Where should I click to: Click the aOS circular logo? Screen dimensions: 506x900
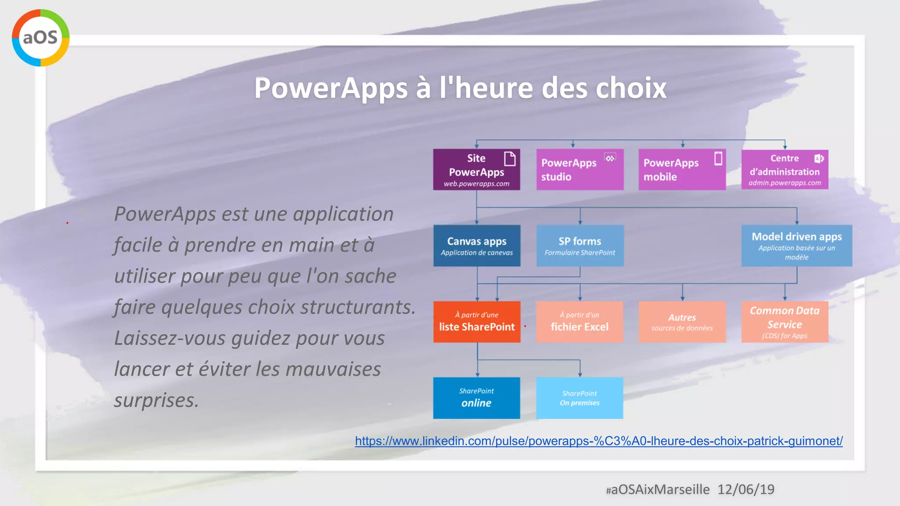[40, 38]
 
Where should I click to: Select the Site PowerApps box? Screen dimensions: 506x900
[476, 170]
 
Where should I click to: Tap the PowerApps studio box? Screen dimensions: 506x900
[580, 170]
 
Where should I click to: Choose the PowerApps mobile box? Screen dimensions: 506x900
[682, 170]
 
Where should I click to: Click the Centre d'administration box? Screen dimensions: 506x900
[784, 170]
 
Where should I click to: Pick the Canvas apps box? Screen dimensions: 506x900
[477, 246]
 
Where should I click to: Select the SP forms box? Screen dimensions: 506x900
[580, 246]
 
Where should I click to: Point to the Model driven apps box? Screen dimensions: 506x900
[796, 246]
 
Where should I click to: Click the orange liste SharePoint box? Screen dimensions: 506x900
[477, 322]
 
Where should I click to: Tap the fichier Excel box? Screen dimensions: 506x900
[580, 322]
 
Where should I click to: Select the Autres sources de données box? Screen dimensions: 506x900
[682, 322]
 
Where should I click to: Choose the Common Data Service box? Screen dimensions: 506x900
[784, 322]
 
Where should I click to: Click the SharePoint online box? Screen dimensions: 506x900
[476, 398]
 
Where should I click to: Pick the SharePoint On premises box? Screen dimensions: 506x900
[579, 398]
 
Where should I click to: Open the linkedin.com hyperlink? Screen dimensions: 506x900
[599, 441]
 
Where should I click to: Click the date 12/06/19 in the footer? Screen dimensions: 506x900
[746, 489]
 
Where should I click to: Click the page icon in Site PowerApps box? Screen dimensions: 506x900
[509, 159]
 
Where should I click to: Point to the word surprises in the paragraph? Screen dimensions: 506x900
[156, 400]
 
